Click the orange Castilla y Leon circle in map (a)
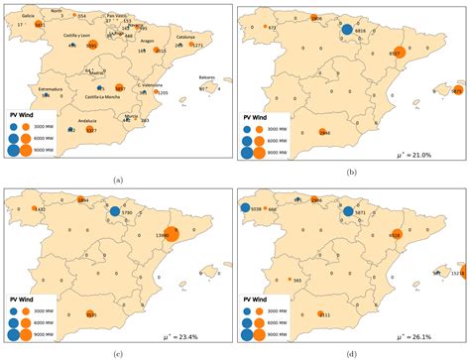[92, 46]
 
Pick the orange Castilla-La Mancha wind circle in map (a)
[119, 88]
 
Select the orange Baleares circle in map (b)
[457, 90]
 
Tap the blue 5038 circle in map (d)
[244, 209]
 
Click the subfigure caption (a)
[118, 179]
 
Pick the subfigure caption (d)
[353, 353]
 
